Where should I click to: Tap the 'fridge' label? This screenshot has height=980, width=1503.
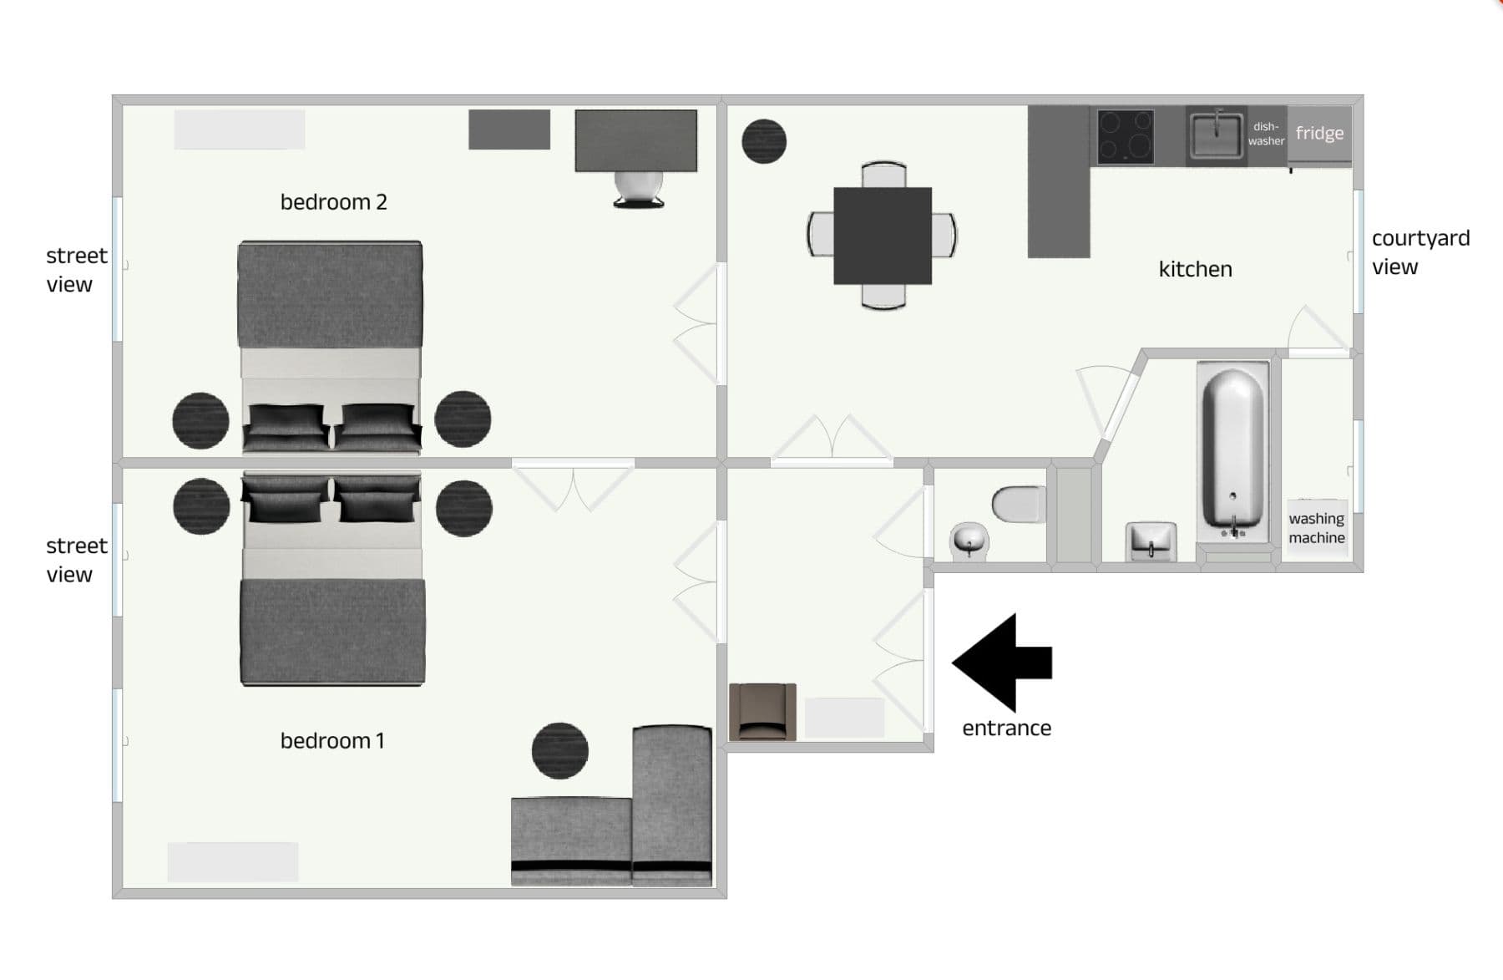click(x=1319, y=133)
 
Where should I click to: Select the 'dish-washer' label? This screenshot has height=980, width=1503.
click(x=1266, y=134)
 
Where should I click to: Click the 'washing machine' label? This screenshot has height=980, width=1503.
click(x=1316, y=528)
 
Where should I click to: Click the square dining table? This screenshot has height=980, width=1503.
click(x=882, y=236)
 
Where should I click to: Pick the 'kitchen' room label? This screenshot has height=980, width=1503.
click(x=1195, y=269)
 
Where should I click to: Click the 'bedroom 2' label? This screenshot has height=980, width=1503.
click(x=333, y=202)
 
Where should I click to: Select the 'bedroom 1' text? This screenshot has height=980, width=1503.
click(x=332, y=741)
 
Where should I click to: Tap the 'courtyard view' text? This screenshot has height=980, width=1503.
click(x=1419, y=252)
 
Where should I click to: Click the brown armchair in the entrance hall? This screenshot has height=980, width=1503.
click(x=762, y=712)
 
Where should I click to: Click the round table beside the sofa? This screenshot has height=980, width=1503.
click(x=559, y=750)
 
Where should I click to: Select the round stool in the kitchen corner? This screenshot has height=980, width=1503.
click(x=764, y=141)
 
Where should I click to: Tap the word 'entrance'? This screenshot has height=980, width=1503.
click(x=1006, y=729)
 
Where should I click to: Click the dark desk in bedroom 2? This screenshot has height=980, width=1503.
click(x=635, y=140)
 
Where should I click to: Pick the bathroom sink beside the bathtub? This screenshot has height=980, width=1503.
click(x=1151, y=541)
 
